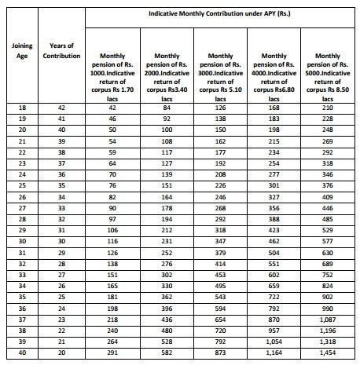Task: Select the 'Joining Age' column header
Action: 23,51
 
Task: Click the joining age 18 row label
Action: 23,108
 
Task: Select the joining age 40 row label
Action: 23,354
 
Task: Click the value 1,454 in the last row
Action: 327,354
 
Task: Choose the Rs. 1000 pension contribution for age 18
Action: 114,108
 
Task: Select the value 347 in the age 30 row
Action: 219,243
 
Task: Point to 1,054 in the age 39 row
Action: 274,343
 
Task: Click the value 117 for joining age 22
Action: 167,152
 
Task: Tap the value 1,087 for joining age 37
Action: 327,320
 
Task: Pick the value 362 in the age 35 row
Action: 167,298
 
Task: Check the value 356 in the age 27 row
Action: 274,209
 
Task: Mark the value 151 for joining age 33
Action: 114,276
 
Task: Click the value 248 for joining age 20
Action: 327,130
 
